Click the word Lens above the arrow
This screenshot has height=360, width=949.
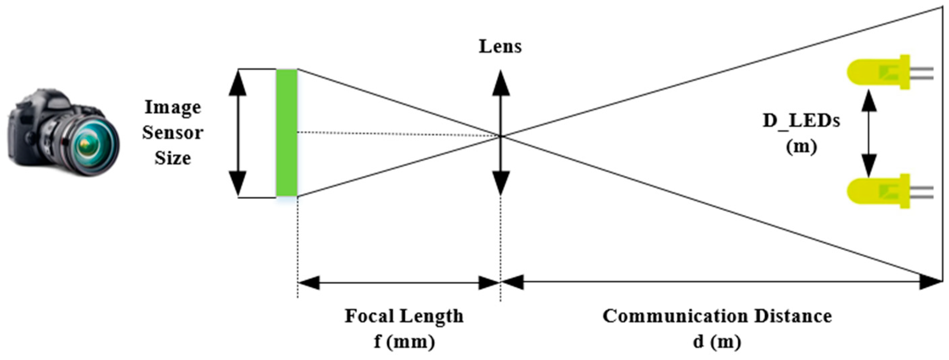click(500, 47)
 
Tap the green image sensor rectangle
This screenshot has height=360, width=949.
click(287, 133)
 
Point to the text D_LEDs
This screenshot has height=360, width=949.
click(801, 121)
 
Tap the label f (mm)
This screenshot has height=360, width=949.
click(404, 342)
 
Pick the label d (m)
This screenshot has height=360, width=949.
click(717, 342)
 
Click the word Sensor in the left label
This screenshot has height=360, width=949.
click(173, 133)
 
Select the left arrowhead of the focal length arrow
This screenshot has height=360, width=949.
click(308, 282)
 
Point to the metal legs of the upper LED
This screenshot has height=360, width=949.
click(923, 73)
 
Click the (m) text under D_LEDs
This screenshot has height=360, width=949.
click(801, 147)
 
